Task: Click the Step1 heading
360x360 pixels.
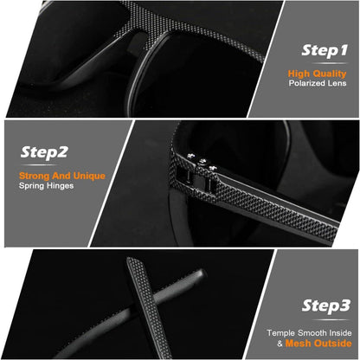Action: tap(325, 50)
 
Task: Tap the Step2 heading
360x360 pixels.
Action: tap(44, 152)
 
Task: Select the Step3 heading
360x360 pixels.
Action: tap(326, 305)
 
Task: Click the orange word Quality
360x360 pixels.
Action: tap(330, 74)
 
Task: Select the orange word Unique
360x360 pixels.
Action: tap(89, 176)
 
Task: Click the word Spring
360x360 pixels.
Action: tap(31, 186)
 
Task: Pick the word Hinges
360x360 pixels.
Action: tap(60, 186)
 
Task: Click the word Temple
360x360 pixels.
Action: tap(281, 333)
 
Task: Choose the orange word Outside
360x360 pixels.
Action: tap(333, 344)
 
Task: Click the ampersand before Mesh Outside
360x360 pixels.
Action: tap(280, 344)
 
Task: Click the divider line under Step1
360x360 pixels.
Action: tap(329, 63)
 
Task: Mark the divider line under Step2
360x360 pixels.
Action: tap(39, 165)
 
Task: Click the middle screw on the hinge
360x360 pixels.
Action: tap(202, 160)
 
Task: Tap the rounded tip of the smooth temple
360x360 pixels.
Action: tap(202, 273)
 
